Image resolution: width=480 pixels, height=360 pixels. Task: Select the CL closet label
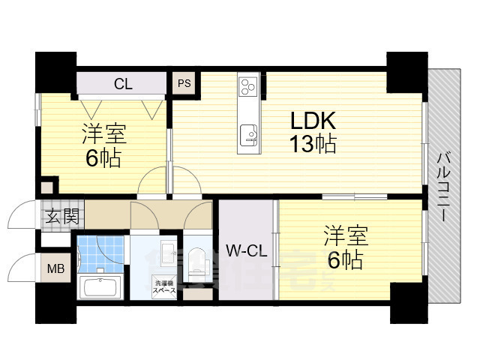click(123, 84)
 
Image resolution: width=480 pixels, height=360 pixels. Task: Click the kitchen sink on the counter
click(249, 135)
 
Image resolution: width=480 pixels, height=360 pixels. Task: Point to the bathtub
click(100, 287)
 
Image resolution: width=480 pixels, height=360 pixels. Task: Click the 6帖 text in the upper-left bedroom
click(104, 158)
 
